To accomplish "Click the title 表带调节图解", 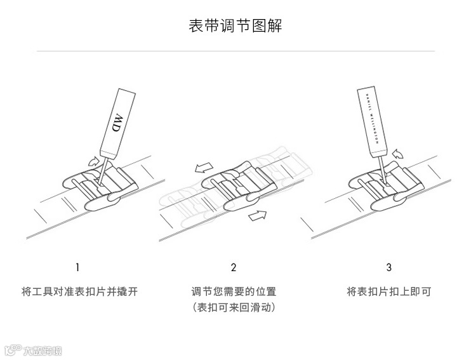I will [x=235, y=26].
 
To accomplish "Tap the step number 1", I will [x=77, y=267].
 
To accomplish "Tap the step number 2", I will [x=234, y=267].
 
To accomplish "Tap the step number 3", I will [x=389, y=267].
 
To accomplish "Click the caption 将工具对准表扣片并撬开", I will [x=79, y=292].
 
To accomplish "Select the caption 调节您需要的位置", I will [x=234, y=292].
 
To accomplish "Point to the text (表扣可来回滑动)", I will [x=234, y=308].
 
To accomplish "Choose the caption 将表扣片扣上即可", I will [x=389, y=292].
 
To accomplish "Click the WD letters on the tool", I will [x=116, y=123].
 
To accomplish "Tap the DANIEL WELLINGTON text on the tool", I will [x=374, y=116].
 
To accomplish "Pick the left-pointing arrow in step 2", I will [x=203, y=168].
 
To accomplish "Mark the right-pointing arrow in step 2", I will [x=257, y=217].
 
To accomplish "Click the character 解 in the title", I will [x=275, y=26].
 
